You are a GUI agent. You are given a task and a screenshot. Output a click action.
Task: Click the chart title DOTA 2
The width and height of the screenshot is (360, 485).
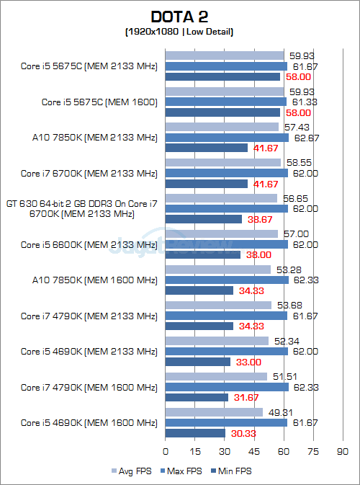click(x=180, y=17)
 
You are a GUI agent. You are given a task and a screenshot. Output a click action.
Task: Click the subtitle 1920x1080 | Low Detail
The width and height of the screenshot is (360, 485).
click(x=180, y=32)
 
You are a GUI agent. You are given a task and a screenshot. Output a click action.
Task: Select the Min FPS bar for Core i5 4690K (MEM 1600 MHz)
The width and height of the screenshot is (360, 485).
click(x=195, y=433)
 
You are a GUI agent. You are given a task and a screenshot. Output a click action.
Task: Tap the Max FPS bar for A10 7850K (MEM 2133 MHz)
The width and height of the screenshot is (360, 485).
click(x=227, y=137)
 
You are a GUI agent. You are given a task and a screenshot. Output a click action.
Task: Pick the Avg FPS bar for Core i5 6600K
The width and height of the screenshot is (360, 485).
click(x=222, y=233)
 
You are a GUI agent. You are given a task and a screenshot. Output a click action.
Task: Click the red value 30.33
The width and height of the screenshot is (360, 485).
click(x=241, y=433)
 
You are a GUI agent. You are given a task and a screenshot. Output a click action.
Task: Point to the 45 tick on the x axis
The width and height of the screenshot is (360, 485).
click(x=253, y=452)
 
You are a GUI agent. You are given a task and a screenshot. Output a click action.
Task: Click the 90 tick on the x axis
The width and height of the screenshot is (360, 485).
click(x=342, y=452)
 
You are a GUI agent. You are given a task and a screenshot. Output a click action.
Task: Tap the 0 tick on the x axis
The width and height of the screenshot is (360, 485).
click(x=166, y=452)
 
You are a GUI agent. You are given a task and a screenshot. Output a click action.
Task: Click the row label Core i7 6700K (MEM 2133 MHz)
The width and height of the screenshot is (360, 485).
click(x=89, y=173)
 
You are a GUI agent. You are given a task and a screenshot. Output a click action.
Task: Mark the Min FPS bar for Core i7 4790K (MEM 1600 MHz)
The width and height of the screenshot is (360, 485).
click(x=197, y=398)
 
